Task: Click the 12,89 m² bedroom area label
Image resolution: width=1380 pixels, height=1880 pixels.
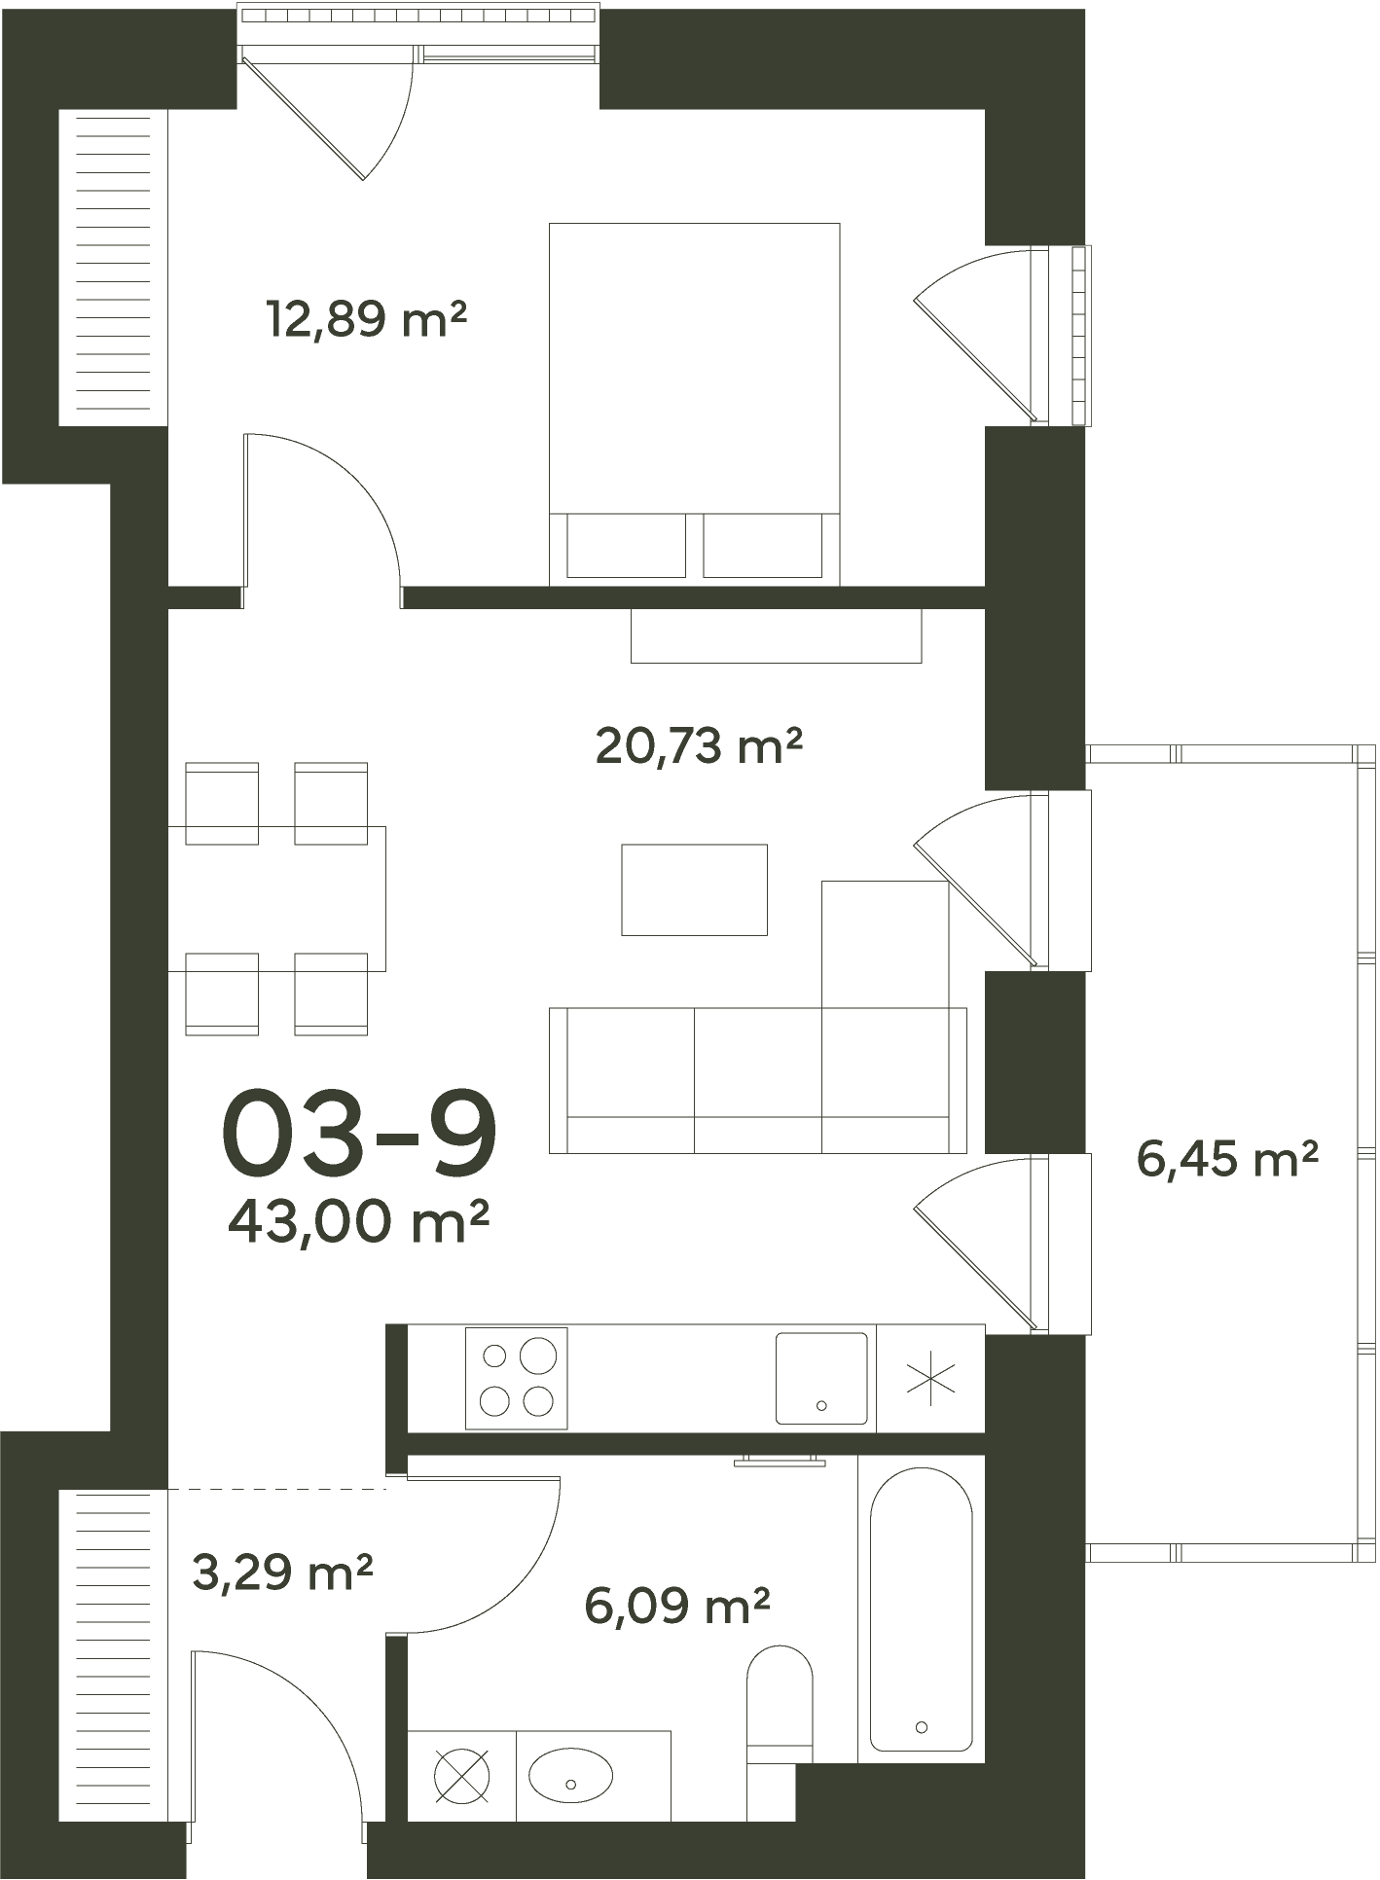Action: pos(366,319)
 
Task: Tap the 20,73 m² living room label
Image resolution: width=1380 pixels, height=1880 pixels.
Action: pos(699,746)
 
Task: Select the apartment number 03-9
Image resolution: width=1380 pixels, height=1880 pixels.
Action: pos(359,1132)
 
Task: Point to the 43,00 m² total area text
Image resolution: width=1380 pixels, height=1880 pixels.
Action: pos(357,1221)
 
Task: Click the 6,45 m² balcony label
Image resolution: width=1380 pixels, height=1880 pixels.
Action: pos(1227,1159)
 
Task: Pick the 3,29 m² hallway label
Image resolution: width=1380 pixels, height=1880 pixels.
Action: pos(282,1573)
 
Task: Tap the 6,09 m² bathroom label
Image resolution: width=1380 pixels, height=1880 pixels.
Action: pos(677,1606)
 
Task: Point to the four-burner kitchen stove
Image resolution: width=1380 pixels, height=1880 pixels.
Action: pos(516,1379)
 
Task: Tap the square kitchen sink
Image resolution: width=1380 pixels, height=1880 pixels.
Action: pos(821,1379)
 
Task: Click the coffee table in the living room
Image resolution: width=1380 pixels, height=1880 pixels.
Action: pos(694,889)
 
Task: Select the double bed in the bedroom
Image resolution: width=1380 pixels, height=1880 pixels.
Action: pos(694,404)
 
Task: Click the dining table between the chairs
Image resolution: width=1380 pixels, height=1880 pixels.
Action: pos(277,898)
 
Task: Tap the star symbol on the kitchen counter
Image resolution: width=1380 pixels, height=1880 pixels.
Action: pos(931,1378)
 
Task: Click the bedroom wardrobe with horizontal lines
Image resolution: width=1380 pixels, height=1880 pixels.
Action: pos(114,268)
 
